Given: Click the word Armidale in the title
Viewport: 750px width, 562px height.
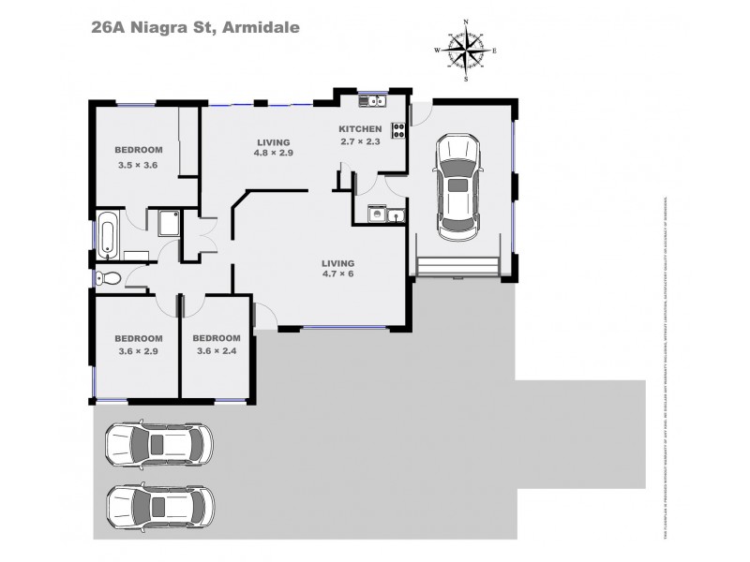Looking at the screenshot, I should click(x=260, y=27).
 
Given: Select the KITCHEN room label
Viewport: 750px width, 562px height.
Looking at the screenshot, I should click(x=360, y=129).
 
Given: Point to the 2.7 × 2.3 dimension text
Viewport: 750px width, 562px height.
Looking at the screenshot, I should click(x=360, y=142).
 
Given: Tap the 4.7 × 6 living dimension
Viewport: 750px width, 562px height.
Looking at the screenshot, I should click(x=338, y=275).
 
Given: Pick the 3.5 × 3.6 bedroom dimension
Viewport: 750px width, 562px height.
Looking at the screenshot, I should click(x=139, y=165).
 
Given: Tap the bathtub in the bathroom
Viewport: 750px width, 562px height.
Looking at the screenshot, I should click(x=106, y=235).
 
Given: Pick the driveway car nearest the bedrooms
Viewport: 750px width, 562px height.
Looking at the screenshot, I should click(x=158, y=443).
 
